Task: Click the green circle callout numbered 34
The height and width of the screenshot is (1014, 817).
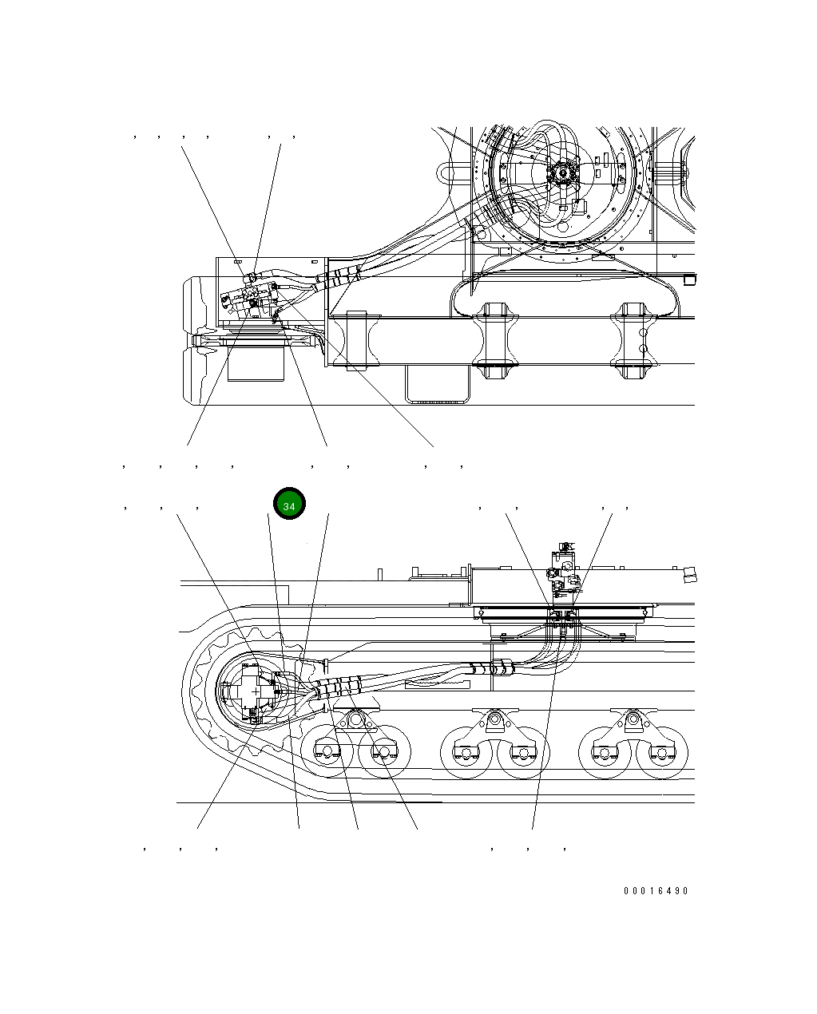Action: click(x=289, y=504)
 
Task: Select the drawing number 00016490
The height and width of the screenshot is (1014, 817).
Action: click(x=656, y=891)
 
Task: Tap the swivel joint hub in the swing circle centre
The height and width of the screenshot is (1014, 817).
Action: click(x=565, y=172)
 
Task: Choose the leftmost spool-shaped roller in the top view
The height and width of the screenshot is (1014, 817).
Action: click(x=355, y=340)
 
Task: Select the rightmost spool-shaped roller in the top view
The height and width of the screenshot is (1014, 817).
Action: click(x=633, y=340)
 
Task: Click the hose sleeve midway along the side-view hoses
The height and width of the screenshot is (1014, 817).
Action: click(x=490, y=668)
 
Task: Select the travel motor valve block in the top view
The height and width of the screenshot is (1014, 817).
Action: click(x=249, y=298)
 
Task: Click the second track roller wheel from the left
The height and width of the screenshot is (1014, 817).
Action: click(x=383, y=753)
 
